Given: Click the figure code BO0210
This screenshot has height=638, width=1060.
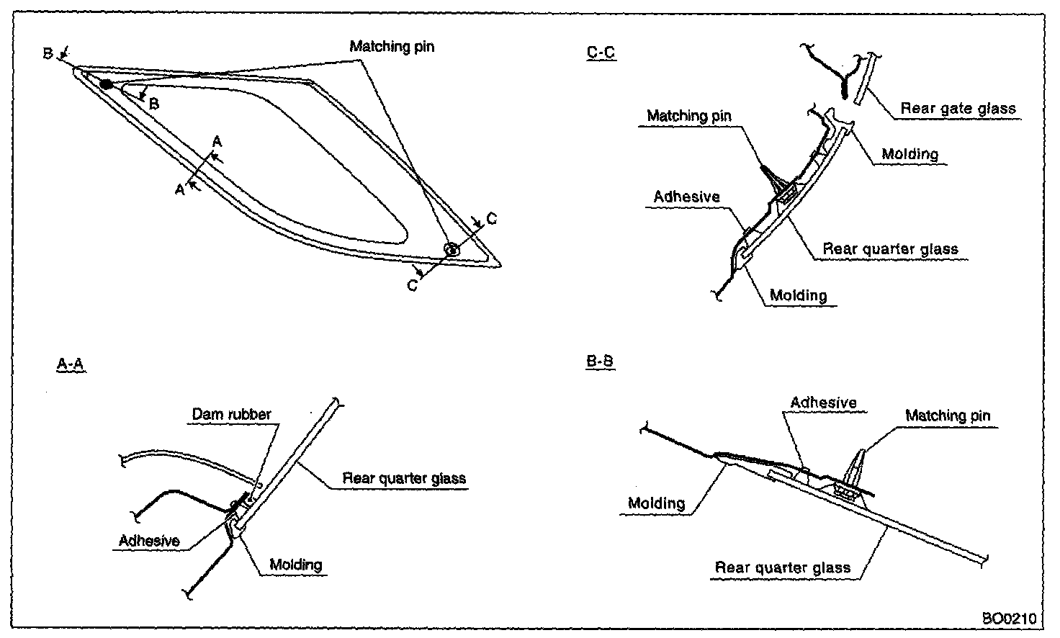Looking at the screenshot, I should click(x=1009, y=618).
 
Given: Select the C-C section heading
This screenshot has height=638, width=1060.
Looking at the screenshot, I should click(x=601, y=53).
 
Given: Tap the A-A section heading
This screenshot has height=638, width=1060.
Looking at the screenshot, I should click(x=71, y=364).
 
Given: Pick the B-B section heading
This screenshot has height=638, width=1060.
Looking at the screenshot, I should click(x=600, y=361).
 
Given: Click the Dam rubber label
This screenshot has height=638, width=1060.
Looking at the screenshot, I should click(x=231, y=414).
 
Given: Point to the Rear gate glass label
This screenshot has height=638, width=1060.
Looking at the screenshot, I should click(x=958, y=109).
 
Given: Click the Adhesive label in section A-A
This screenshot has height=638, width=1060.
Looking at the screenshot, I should click(x=149, y=540).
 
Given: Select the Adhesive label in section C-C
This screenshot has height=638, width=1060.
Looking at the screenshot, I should click(x=686, y=197).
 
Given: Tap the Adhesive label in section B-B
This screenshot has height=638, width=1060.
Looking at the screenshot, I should click(x=823, y=403).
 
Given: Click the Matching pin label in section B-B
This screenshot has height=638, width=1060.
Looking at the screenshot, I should click(x=947, y=415).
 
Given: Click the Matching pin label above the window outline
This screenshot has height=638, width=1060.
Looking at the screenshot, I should click(x=392, y=47).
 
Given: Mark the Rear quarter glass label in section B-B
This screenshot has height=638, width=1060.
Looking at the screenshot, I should click(x=782, y=567).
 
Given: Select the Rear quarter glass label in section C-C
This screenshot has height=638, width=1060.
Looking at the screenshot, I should click(x=890, y=249).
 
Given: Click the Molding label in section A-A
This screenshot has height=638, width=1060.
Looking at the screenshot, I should click(x=295, y=565).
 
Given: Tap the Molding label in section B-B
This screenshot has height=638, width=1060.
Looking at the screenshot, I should click(x=656, y=503).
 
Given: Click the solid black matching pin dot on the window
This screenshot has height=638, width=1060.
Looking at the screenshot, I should click(x=106, y=85).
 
